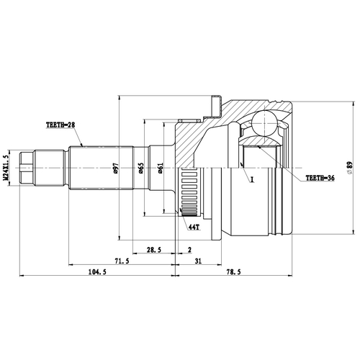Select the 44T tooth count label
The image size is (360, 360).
(x=193, y=228)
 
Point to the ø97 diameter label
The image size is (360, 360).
(x=116, y=171)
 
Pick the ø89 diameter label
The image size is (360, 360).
(x=348, y=167)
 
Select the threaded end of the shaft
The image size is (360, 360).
(x=27, y=167)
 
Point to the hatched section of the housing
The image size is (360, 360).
(x=202, y=137)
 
